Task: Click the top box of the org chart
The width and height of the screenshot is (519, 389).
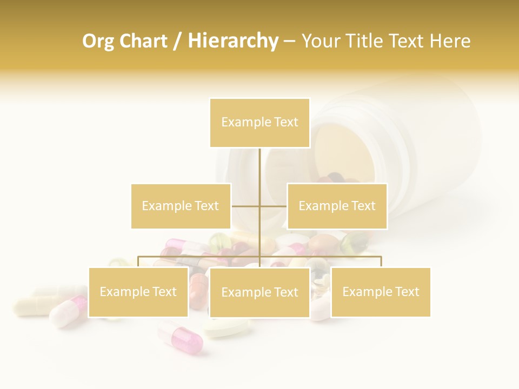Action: pos(259,123)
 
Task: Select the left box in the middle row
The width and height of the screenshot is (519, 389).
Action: pos(181,206)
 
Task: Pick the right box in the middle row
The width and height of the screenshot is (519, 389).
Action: pos(337,206)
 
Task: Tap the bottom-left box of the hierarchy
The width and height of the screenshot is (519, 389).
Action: pos(138,292)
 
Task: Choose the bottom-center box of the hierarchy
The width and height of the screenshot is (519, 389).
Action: pos(259,292)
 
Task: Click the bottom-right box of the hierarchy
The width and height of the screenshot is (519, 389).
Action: pos(381,292)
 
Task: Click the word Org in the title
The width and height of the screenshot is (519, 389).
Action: pos(99,41)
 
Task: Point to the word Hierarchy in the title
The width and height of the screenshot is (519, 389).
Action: pos(233,41)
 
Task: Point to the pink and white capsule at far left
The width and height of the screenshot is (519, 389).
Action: pos(68,312)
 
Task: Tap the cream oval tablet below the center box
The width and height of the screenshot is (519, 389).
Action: pos(228,327)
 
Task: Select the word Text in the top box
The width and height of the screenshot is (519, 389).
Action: pos(286,123)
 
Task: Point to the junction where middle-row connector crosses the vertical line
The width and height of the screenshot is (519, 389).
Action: pos(259,206)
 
